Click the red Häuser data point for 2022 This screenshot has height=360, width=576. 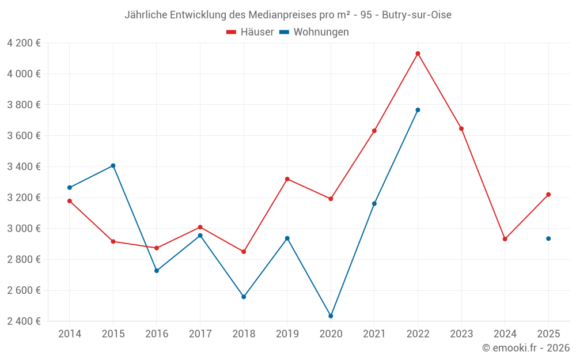[x=418, y=54]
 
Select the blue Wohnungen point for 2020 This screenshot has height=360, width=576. [x=331, y=316]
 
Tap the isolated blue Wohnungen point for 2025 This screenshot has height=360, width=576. [x=548, y=238]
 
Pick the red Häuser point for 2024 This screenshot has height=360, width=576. [x=505, y=239]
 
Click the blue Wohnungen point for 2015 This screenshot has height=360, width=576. [x=113, y=166]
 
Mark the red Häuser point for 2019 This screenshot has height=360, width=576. [x=287, y=179]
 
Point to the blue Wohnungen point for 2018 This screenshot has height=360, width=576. [x=244, y=297]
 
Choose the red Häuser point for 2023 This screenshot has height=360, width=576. [x=461, y=128]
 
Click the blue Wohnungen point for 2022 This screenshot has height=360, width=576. [x=418, y=110]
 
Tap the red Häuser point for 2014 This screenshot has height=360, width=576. [x=70, y=201]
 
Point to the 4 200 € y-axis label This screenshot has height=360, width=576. [x=24, y=43]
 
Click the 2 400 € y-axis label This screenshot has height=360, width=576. [x=24, y=321]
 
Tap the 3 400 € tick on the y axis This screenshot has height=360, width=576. [x=24, y=167]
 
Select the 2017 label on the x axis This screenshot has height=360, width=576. [x=200, y=334]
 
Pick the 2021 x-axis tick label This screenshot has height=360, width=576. [x=374, y=334]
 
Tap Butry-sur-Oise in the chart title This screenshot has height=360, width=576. [x=417, y=15]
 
